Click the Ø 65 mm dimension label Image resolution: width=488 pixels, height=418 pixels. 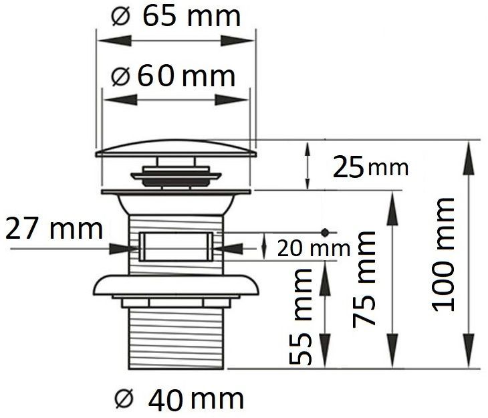(176, 17)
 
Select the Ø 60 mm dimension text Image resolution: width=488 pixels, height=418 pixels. (173, 76)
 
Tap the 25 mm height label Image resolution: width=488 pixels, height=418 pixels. (370, 168)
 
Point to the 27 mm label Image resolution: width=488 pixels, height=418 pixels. (54, 229)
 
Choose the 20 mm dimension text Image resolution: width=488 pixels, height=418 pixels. (314, 249)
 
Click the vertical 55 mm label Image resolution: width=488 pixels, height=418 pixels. (301, 316)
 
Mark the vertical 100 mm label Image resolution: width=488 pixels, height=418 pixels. (443, 255)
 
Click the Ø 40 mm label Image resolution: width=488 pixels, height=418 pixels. (179, 399)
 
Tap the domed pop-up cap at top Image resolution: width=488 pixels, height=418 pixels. (176, 148)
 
